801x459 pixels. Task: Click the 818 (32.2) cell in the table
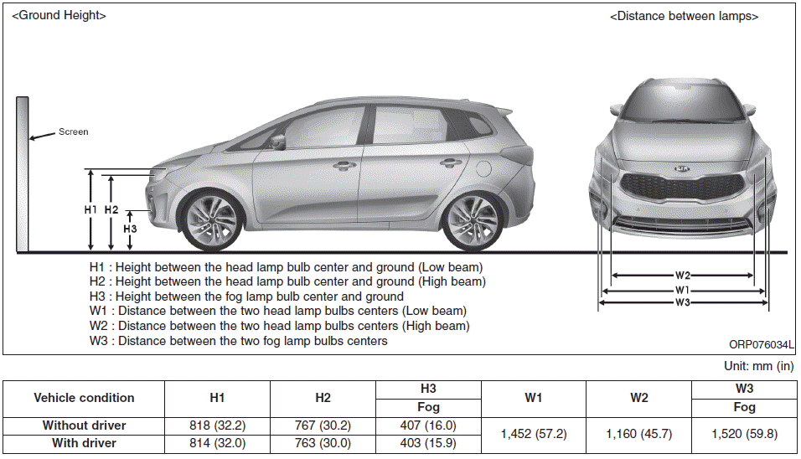click(217, 425)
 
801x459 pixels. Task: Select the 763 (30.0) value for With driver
click(323, 443)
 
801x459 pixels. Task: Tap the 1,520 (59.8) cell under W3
click(744, 434)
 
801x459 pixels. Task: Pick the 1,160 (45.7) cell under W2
click(639, 434)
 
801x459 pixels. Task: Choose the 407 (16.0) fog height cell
click(428, 425)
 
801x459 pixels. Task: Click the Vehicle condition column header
click(84, 398)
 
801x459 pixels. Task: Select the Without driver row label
click(84, 425)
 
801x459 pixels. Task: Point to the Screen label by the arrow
click(73, 132)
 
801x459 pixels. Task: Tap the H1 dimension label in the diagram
click(91, 209)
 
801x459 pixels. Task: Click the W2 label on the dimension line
click(683, 276)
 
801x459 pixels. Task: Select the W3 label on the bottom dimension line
click(683, 302)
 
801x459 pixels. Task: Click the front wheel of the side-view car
click(207, 223)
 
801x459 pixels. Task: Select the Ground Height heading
click(59, 15)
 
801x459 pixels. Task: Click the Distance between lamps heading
click(685, 16)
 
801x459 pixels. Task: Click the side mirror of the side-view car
click(276, 139)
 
